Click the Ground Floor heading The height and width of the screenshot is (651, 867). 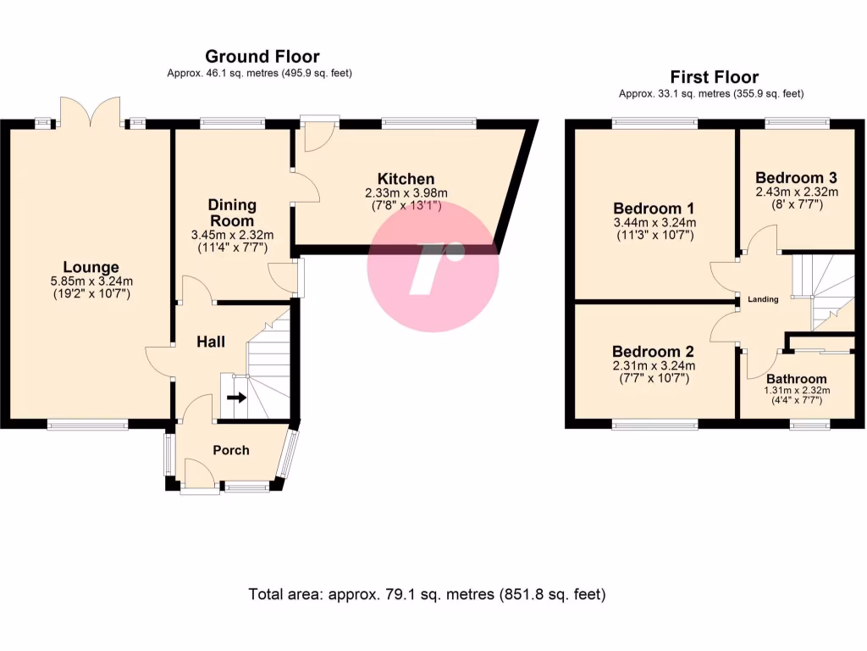coord(262,57)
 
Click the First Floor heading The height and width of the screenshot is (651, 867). coord(714,77)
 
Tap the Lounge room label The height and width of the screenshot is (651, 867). coord(90,267)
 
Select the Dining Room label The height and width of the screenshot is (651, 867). coord(232,213)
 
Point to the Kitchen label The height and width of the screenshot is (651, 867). coord(406,179)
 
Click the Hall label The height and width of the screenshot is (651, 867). coord(211,342)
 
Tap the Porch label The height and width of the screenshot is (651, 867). coord(230,450)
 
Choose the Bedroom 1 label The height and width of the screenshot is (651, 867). coord(654,209)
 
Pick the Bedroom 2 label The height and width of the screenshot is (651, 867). coord(654,352)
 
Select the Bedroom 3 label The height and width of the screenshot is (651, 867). coord(796,178)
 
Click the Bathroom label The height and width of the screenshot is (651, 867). coord(796,379)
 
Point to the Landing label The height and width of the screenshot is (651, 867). coord(762,299)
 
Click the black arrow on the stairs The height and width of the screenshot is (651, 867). coord(237,397)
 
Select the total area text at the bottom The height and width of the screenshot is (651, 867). coord(427,594)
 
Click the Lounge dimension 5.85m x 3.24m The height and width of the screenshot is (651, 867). coord(90,281)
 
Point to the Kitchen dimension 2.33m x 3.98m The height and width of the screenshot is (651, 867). coord(406,193)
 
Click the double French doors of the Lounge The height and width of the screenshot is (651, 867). coord(92,113)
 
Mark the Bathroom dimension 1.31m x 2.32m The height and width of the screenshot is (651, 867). coord(796,391)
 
